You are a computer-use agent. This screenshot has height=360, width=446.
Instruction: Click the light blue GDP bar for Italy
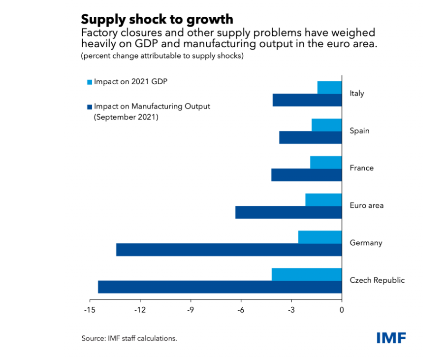[329, 88]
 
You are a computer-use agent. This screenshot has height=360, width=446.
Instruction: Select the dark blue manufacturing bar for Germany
[228, 250]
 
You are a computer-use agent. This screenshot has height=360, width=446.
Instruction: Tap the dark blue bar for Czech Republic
[220, 287]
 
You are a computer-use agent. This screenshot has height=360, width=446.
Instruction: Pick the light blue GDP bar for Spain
[326, 125]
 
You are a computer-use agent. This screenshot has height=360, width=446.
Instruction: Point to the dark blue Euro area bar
[288, 212]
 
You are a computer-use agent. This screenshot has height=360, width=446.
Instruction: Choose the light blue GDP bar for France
[326, 163]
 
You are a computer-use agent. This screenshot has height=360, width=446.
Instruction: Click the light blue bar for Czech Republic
[306, 274]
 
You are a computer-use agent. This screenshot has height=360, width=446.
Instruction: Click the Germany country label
[366, 243]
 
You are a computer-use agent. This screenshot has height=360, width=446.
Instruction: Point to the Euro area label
[366, 205]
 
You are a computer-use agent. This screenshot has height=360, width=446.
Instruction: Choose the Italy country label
[357, 93]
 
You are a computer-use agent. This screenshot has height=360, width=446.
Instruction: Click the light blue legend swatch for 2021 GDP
[89, 82]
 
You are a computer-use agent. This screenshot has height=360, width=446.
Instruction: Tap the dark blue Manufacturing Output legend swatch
[89, 106]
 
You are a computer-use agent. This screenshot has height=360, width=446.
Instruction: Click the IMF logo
[391, 338]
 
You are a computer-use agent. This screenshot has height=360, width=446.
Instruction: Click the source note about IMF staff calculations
[129, 339]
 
